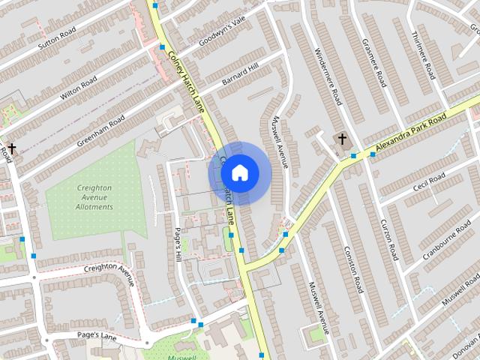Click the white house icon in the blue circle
pyautogui.click(x=239, y=173)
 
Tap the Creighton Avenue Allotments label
pyautogui.click(x=94, y=197)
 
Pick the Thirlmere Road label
pyautogui.click(x=423, y=57)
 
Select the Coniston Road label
pyautogui.click(x=352, y=268)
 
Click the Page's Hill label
pyautogui.click(x=178, y=244)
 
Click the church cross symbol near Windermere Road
pyautogui.click(x=342, y=139)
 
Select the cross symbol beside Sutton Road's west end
pyautogui.click(x=11, y=148)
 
